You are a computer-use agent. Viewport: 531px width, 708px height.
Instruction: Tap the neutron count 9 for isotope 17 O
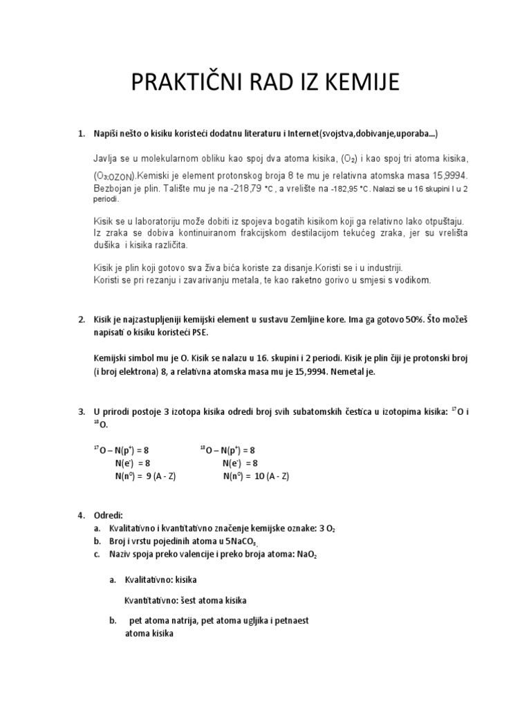click(149, 476)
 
